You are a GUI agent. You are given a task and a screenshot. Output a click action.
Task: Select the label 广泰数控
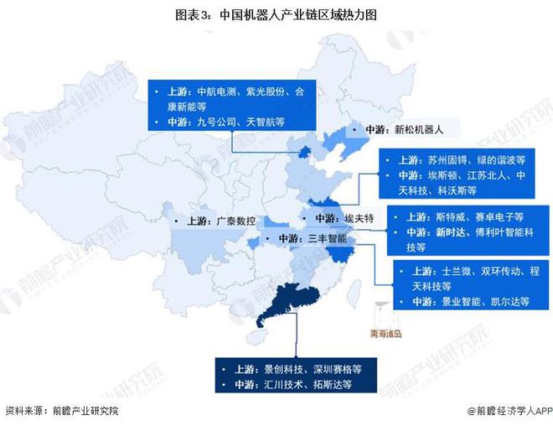[x=235, y=221]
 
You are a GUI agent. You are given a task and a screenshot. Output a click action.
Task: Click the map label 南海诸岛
[x=386, y=334]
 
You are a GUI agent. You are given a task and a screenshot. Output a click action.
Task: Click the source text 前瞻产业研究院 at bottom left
[x=85, y=412]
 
